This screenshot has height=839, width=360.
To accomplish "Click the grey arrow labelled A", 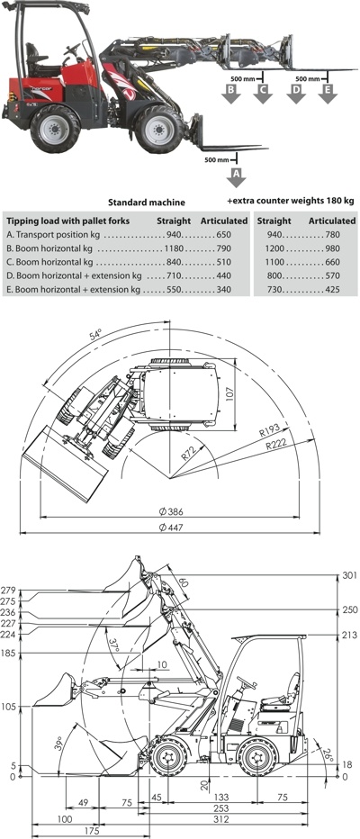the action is [x=236, y=177].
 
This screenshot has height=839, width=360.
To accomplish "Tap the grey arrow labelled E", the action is [x=328, y=93].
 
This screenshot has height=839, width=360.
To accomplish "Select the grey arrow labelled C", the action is [x=263, y=93].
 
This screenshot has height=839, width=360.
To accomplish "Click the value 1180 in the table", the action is [x=174, y=248].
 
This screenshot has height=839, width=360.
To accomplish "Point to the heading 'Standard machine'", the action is [x=147, y=203].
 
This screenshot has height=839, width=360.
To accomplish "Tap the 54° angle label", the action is [x=95, y=336].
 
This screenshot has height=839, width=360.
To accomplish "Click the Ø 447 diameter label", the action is [x=171, y=528].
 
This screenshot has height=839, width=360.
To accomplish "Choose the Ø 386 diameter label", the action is [x=171, y=511].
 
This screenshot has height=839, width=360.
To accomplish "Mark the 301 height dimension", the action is [x=350, y=576].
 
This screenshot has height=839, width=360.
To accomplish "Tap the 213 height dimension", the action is [x=350, y=636].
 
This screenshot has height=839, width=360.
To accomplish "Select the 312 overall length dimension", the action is [x=221, y=818].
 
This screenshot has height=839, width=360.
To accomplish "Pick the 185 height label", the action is [x=10, y=654].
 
